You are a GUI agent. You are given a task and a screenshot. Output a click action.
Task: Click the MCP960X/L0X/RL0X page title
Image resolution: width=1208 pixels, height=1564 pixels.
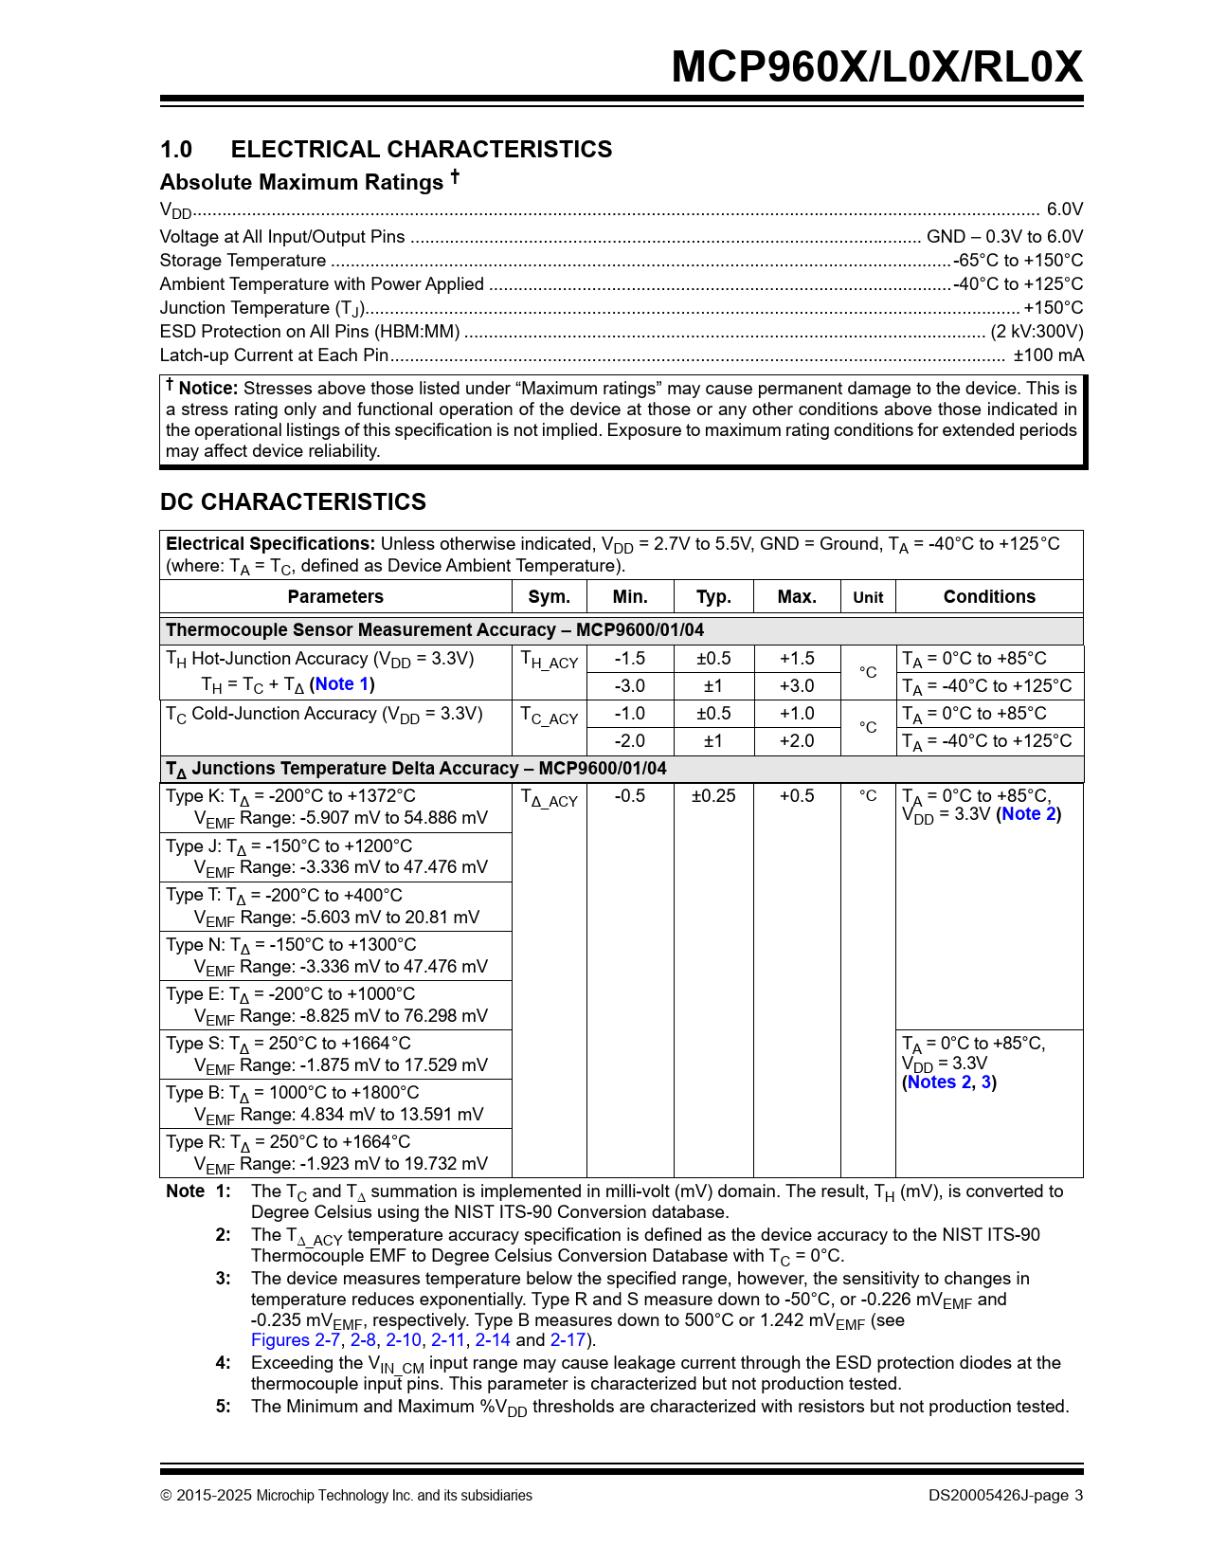pyautogui.click(x=876, y=67)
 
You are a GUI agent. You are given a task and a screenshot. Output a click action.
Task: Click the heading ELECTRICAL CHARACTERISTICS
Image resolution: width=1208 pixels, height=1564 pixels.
pyautogui.click(x=421, y=150)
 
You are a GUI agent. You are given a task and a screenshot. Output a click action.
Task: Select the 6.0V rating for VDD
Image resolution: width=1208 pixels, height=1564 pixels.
pyautogui.click(x=1064, y=209)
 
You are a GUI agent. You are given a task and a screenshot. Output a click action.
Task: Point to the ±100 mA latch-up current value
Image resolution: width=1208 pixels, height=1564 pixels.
pyautogui.click(x=1048, y=355)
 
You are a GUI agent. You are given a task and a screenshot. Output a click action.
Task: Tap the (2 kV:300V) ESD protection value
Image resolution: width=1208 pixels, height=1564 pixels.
pyautogui.click(x=1037, y=332)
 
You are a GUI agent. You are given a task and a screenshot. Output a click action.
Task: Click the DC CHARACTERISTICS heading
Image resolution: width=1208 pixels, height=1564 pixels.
pyautogui.click(x=293, y=502)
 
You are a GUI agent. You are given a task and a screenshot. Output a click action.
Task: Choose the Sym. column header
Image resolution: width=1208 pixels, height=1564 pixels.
pyautogui.click(x=549, y=597)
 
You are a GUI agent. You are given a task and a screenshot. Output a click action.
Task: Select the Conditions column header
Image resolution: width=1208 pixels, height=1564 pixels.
pyautogui.click(x=989, y=597)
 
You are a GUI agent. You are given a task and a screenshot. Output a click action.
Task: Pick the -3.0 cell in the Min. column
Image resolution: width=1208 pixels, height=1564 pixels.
pyautogui.click(x=629, y=686)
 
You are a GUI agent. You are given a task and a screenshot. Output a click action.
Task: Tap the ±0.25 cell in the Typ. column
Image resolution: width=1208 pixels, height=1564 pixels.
pyautogui.click(x=712, y=796)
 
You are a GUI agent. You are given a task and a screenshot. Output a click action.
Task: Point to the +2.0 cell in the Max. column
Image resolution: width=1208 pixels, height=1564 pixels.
pyautogui.click(x=796, y=741)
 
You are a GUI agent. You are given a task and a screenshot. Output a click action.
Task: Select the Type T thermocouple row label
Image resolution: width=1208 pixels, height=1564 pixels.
pyautogui.click(x=284, y=896)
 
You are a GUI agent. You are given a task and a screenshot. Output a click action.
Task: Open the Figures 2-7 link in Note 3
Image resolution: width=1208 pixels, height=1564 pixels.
pyautogui.click(x=295, y=1340)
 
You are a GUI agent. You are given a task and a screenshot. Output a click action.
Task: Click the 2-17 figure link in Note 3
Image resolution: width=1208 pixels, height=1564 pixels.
pyautogui.click(x=568, y=1340)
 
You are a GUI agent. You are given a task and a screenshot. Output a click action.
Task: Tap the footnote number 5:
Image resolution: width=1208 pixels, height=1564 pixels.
pyautogui.click(x=223, y=1407)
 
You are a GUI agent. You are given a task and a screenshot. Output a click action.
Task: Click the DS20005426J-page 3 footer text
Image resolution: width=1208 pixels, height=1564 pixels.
pyautogui.click(x=1005, y=1496)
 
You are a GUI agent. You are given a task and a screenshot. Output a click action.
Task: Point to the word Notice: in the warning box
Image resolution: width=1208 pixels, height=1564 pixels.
pyautogui.click(x=207, y=389)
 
